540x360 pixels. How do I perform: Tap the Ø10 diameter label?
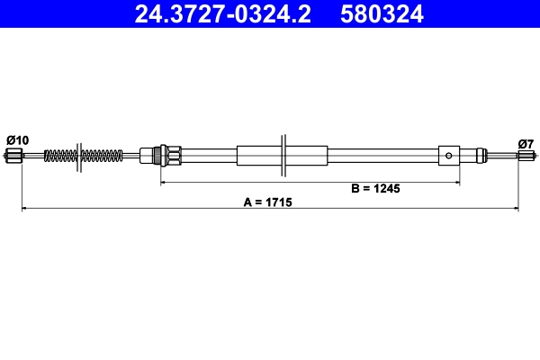(x=17, y=139)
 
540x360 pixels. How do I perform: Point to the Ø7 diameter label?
(x=526, y=143)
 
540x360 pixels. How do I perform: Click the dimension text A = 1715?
(x=268, y=203)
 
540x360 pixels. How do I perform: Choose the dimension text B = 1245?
(x=374, y=189)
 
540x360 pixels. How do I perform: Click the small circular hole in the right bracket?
(x=450, y=156)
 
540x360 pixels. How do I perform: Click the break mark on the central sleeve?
(x=283, y=156)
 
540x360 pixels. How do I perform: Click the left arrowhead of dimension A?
(x=24, y=209)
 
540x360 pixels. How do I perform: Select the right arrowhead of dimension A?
(x=516, y=209)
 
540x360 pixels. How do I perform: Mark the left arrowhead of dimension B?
(x=164, y=183)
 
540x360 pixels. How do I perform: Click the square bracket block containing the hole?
(x=450, y=156)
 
